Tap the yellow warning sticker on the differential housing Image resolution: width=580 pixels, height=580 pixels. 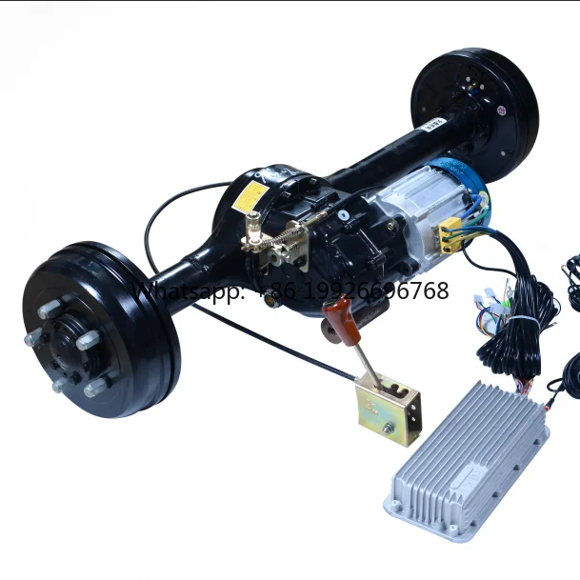(x=251, y=195)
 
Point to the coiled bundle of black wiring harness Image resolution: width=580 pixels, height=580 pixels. (x=519, y=324)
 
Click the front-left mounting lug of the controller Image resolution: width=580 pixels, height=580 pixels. (x=396, y=504)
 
